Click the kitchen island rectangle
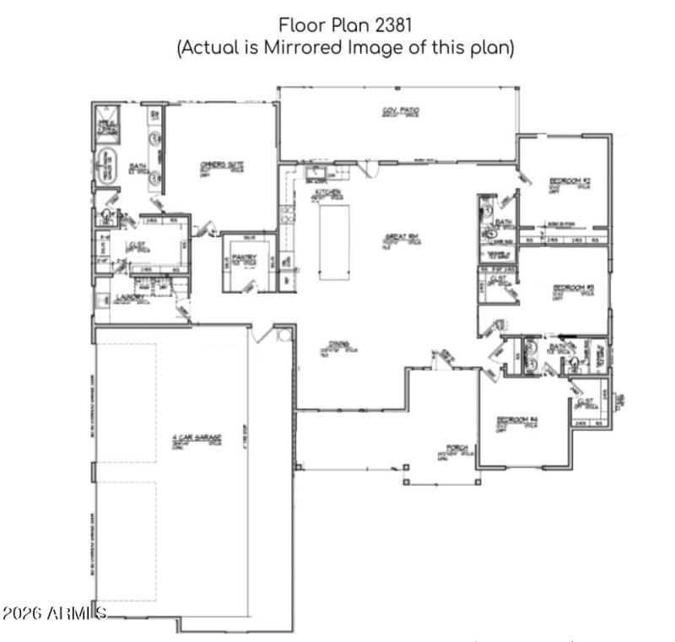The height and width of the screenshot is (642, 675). pos(335,241)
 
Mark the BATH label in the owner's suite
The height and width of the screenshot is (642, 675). pos(138,166)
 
